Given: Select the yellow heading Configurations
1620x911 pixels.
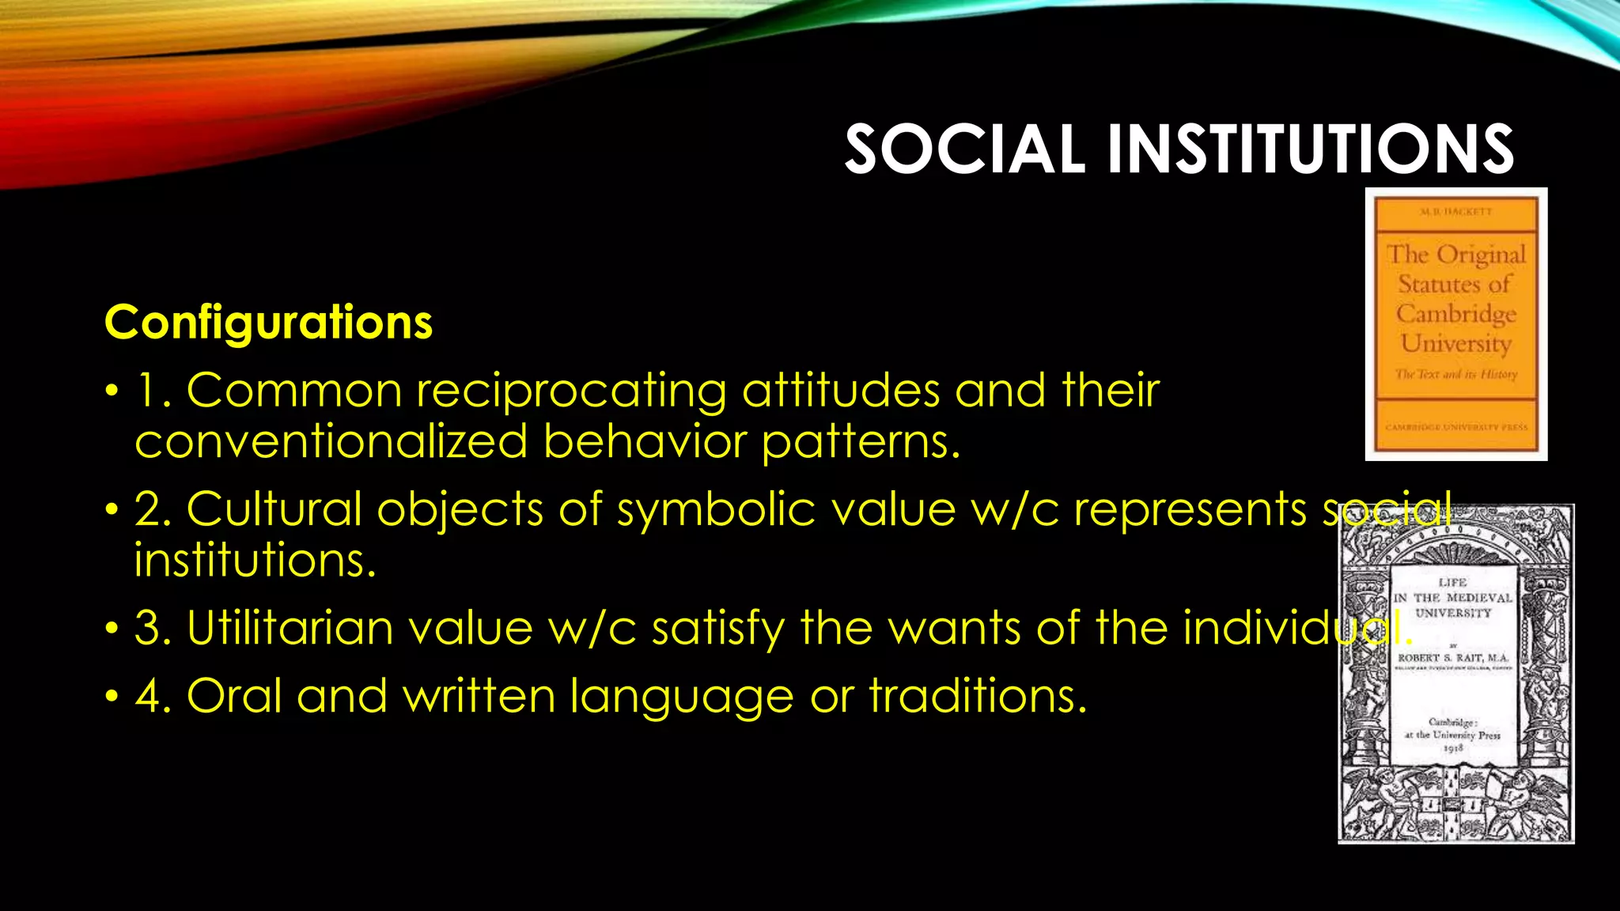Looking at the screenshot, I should [x=268, y=323].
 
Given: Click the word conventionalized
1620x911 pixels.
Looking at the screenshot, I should [x=330, y=441].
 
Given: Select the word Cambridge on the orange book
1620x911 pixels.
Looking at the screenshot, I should [x=1455, y=314].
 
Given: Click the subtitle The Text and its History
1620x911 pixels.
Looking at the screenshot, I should [x=1455, y=374].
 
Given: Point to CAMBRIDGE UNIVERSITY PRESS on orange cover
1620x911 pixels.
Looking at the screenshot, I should [x=1455, y=427].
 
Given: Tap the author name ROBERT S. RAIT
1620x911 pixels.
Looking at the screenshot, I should [x=1453, y=658].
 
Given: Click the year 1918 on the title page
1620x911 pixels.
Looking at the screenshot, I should [x=1453, y=748].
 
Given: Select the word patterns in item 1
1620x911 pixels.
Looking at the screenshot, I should [x=861, y=441].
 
